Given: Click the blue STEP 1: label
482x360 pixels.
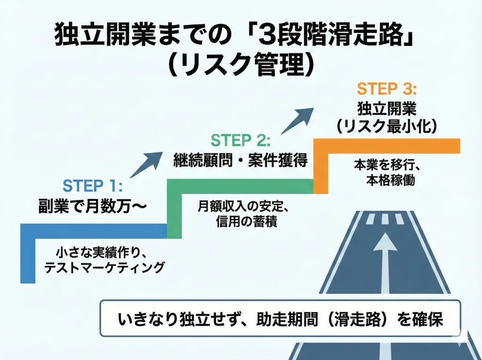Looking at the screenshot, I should [x=92, y=185].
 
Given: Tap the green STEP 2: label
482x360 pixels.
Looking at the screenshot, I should [x=241, y=140].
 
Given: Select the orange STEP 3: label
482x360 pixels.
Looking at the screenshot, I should [x=386, y=88].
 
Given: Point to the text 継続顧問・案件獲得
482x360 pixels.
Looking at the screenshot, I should [x=240, y=160].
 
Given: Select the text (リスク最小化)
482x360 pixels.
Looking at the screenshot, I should [x=386, y=126].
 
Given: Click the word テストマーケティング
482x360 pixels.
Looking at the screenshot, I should [x=104, y=267].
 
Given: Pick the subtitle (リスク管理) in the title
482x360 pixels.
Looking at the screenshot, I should [x=241, y=66].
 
